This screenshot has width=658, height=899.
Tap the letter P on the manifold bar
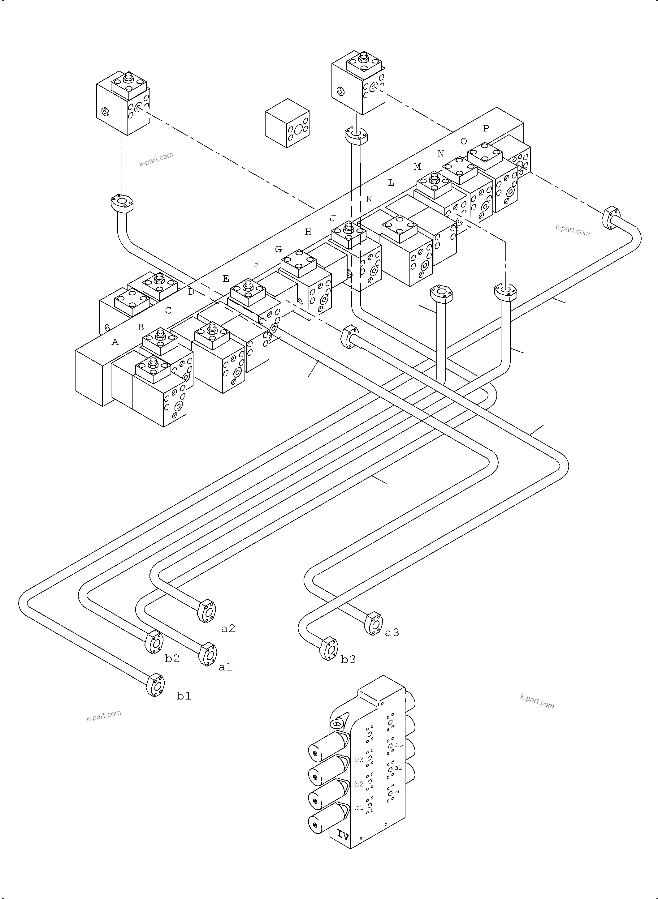coord(486,128)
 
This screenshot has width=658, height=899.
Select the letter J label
coord(333,218)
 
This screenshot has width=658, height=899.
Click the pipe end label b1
coord(184,696)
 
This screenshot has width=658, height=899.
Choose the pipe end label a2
coord(228,628)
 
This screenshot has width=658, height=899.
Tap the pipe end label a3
coord(392,632)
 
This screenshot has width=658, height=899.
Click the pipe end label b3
coord(348,659)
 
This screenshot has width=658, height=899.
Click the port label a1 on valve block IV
coord(399,791)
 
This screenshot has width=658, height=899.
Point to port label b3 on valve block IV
coord(359,760)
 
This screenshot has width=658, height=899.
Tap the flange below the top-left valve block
coord(122,203)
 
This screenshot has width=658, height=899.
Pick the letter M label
coord(417,167)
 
